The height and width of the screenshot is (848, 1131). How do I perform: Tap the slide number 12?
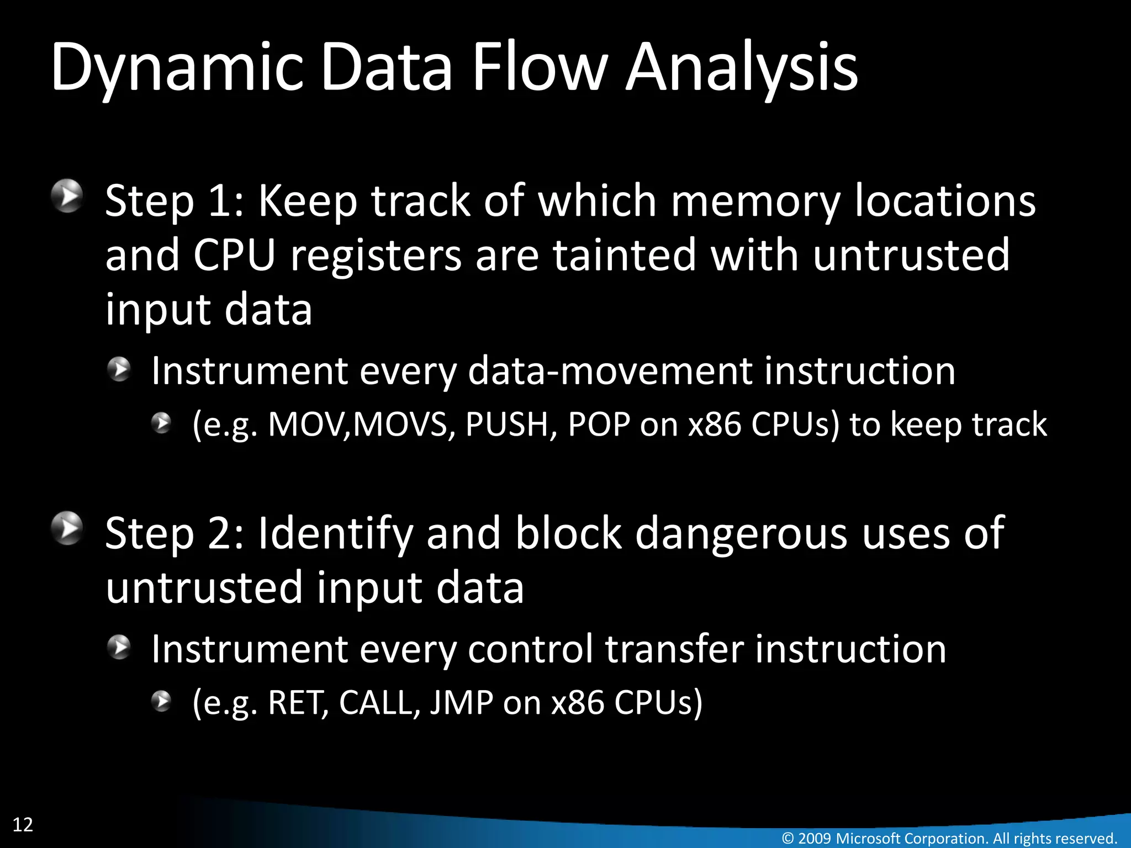click(23, 824)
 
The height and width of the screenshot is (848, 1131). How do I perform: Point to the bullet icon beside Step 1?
click(67, 196)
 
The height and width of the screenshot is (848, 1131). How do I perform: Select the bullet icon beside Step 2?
click(67, 529)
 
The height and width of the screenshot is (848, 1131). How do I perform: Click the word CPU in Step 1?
click(234, 255)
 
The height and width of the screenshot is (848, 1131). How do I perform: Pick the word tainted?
click(624, 255)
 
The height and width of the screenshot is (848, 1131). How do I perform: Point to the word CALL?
click(376, 703)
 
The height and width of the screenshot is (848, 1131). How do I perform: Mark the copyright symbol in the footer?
click(788, 839)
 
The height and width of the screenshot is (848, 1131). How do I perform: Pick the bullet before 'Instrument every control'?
click(119, 647)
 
